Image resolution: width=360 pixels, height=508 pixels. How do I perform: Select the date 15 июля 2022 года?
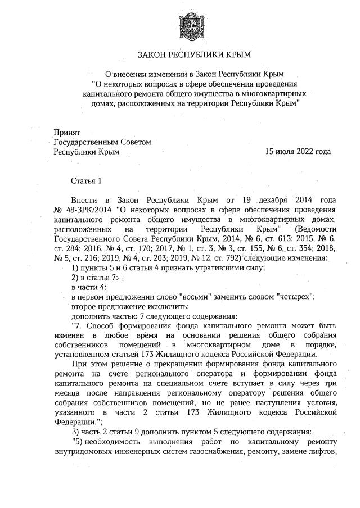(298, 152)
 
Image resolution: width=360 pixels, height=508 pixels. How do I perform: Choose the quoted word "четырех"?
(293, 296)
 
